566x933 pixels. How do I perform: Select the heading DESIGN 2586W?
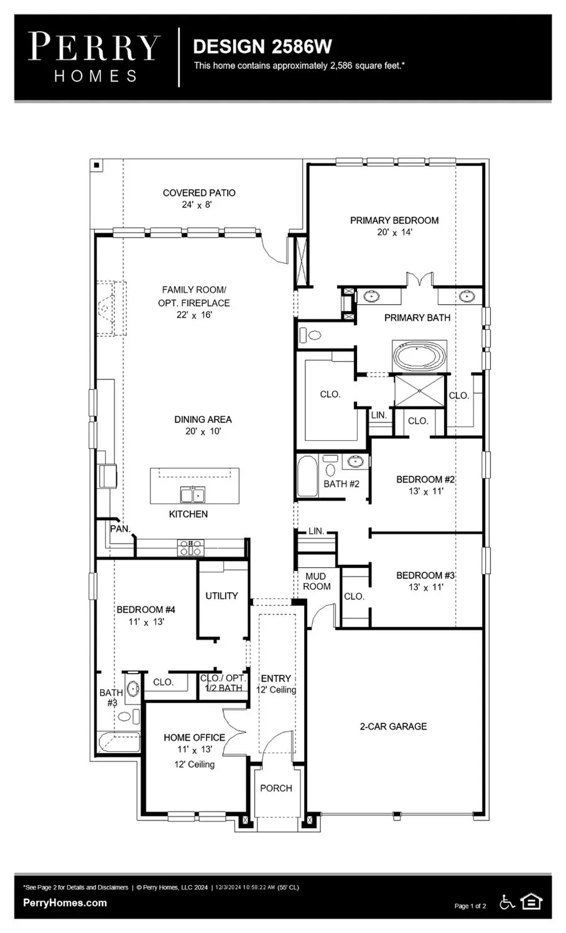(262, 47)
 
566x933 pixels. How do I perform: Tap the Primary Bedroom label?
(394, 220)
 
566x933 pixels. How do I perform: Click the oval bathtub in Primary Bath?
(420, 358)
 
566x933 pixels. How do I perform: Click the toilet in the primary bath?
(310, 335)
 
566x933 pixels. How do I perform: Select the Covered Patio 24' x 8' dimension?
(197, 205)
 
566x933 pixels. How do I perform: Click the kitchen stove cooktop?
(191, 548)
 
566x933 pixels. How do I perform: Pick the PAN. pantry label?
(119, 529)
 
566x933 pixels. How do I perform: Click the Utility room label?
(221, 595)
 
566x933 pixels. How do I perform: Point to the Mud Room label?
(317, 581)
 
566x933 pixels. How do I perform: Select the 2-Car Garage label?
(393, 726)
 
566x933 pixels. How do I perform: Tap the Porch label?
(276, 788)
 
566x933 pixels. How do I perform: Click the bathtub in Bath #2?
(307, 476)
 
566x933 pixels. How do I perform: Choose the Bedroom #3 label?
(425, 575)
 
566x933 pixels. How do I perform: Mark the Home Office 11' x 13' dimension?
(194, 750)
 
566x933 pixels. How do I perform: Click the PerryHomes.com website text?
(65, 903)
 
